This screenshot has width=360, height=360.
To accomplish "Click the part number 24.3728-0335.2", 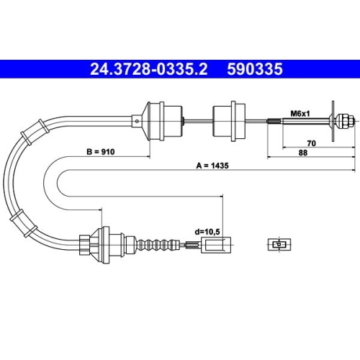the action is [148, 69].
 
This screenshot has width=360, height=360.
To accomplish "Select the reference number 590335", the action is [255, 69].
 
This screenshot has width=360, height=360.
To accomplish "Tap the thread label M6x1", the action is [300, 114].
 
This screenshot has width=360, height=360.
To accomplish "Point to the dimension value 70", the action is [312, 143].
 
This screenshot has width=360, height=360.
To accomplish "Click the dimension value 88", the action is [303, 153].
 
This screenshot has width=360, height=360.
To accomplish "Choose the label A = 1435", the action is [212, 166].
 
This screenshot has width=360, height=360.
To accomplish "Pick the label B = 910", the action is [101, 152].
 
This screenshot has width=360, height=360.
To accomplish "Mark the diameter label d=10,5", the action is [207, 232].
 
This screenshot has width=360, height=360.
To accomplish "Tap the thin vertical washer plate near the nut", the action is [333, 121].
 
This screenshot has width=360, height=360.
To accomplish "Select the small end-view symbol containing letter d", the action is [279, 245].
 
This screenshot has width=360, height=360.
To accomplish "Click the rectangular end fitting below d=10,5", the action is [216, 245].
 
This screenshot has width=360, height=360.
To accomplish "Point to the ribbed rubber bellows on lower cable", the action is [158, 246].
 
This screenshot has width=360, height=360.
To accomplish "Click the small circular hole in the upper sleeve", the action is [137, 121].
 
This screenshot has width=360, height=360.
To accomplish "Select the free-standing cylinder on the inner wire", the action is [229, 121].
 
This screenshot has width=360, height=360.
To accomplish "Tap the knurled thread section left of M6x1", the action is [275, 121].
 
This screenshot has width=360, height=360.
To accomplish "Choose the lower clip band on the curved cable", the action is [23, 223].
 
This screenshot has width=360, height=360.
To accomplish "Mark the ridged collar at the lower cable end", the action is [85, 245].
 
